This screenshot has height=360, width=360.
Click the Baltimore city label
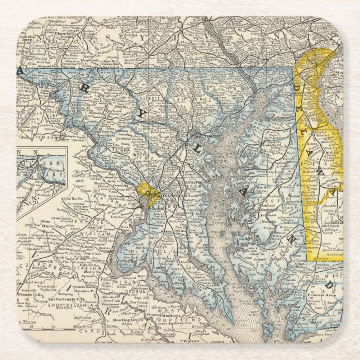(x=202, y=135)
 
